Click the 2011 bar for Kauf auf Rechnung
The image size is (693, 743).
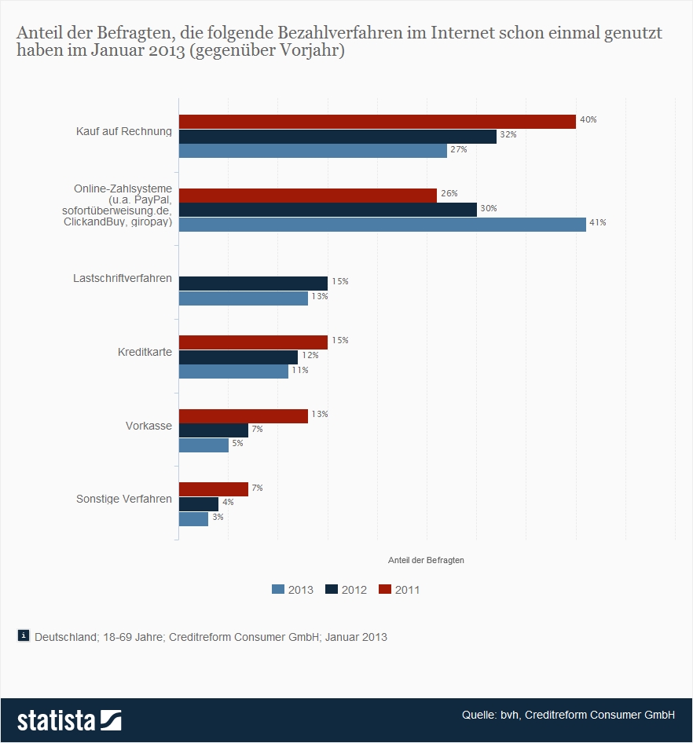(377, 121)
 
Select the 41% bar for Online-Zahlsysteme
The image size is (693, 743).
(382, 225)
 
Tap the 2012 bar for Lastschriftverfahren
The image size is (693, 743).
(253, 283)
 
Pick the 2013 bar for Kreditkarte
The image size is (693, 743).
(233, 371)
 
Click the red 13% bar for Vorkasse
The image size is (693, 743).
(244, 415)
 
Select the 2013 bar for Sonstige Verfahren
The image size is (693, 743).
(193, 519)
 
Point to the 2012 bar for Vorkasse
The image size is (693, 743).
(214, 430)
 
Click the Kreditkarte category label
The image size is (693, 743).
(144, 352)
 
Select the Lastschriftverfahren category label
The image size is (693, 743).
(123, 278)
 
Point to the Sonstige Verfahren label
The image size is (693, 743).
(123, 499)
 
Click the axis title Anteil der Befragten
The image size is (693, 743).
(426, 560)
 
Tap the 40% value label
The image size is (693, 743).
(588, 120)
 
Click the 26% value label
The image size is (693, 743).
(449, 193)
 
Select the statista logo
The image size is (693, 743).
(69, 719)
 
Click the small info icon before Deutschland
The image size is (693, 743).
(24, 636)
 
